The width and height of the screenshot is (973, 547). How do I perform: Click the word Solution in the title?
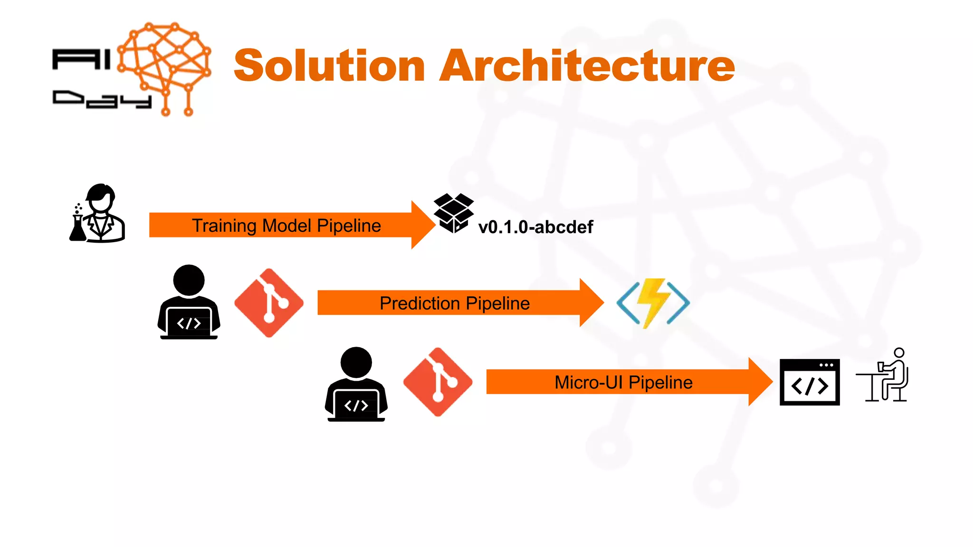329,66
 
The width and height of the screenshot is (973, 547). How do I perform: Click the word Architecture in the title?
587,66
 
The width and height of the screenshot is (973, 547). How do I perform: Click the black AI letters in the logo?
81,60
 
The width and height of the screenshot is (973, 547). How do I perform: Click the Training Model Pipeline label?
286,226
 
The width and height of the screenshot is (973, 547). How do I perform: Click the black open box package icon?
454,213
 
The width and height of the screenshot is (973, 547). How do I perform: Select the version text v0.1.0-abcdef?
535,227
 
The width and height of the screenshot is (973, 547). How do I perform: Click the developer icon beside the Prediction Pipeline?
189,302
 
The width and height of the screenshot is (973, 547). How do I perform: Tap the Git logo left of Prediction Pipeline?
269,302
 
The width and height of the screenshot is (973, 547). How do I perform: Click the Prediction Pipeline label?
454,303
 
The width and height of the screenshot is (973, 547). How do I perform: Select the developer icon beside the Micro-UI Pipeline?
356,384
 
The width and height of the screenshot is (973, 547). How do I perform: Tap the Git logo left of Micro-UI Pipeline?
438,382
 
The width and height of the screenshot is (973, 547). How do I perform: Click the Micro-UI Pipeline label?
623,382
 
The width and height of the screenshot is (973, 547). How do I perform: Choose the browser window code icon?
810,382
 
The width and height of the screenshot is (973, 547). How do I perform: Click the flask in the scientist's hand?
77,229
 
